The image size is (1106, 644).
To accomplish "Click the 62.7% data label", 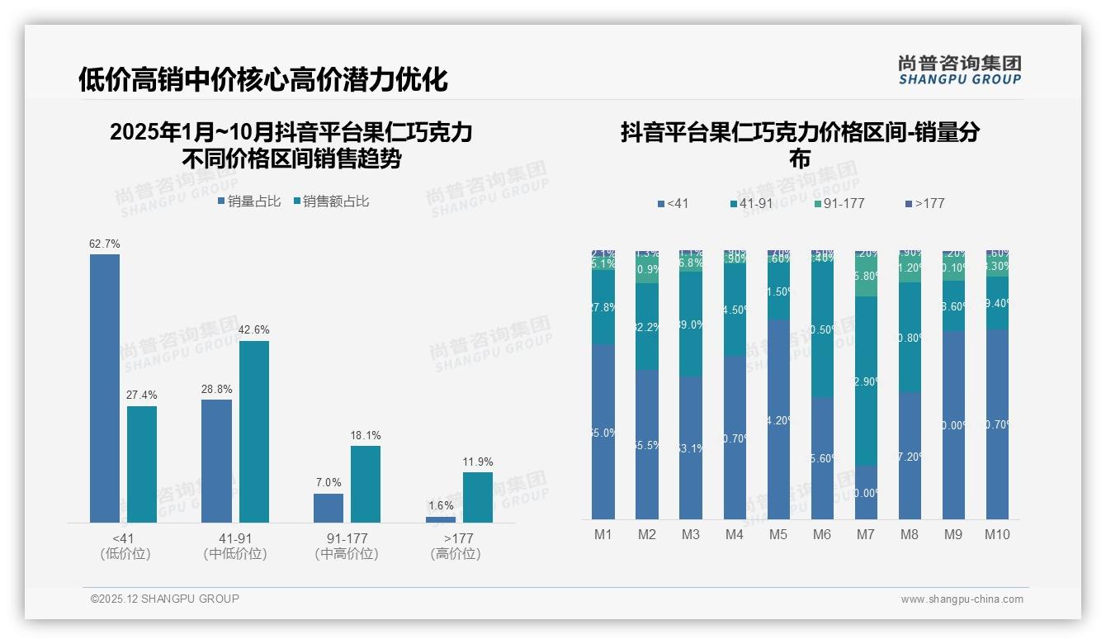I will point(105,244).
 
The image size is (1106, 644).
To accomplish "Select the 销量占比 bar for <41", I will point(105,388).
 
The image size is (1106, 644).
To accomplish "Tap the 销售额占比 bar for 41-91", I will point(254,432).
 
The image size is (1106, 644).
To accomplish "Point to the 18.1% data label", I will point(366,435).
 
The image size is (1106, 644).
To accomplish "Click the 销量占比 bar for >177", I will point(441,519).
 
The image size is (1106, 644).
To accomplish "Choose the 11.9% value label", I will point(478,462).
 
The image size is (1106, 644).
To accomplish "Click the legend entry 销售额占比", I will point(331,201).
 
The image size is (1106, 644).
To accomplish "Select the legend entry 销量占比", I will point(249,201).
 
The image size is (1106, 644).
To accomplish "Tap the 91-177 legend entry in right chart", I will point(839,203).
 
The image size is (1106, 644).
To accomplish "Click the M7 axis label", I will point(865,534).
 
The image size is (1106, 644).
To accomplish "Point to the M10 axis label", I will point(997,534).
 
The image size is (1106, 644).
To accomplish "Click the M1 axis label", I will point(603,534).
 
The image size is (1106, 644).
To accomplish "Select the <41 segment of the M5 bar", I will point(778,419).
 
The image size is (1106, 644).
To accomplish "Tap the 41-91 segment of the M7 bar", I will point(866,381).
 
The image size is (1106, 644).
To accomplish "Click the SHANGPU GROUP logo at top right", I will point(959,70).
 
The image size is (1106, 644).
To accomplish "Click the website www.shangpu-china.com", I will point(962,599).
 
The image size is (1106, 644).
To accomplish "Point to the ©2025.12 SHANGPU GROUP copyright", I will point(165,599).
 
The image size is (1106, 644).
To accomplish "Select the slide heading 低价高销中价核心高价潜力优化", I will point(263,79).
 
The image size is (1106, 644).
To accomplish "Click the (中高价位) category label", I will point(347,554).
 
